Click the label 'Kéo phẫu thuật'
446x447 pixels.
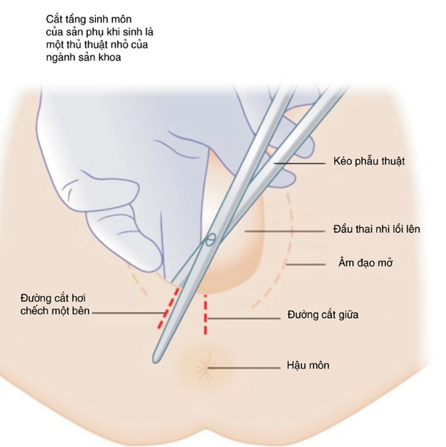coord(369,161)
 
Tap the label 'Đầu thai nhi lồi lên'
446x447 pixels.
coord(376,229)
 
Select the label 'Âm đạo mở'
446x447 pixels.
coord(365,263)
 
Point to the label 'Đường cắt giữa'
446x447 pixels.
coord(323,315)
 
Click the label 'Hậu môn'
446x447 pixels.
coord(308,366)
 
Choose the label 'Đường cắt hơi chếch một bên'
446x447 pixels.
coord(55,305)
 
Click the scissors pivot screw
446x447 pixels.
coord(210,240)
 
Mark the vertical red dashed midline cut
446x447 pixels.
coord(205,315)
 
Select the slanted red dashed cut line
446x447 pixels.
coord(169,308)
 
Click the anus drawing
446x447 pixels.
coord(206,367)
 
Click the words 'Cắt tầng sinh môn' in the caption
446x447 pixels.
coord(89,20)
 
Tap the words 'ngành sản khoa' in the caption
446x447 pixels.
coord(84,57)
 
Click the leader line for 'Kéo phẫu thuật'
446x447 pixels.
coord(300,163)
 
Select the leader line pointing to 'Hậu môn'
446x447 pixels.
coord(244,368)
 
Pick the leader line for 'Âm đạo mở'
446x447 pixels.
coord(306,265)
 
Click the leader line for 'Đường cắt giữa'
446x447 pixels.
coord(244,318)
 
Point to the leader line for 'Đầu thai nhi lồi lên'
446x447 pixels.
coord(285,231)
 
